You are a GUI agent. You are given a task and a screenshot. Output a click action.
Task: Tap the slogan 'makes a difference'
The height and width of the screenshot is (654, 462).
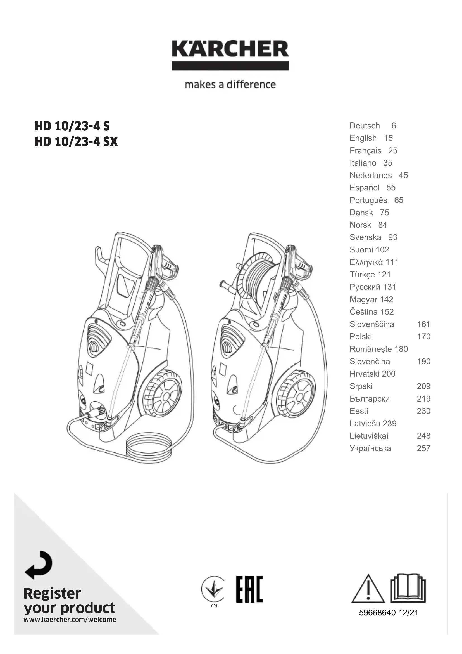pos(230,85)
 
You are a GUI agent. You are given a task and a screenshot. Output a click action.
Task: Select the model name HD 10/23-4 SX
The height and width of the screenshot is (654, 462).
pos(76,141)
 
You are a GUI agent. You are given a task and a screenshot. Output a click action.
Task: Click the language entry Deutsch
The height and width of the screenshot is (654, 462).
pos(365,126)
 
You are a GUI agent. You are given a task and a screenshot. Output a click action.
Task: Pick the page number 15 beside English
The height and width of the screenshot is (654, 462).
pos(388,138)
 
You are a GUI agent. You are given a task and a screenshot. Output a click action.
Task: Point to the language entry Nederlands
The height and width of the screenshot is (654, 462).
pos(371,175)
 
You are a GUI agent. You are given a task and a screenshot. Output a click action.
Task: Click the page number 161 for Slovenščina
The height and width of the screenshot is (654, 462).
pos(424,324)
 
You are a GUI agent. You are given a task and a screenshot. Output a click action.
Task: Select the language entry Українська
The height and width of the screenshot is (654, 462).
pos(370,448)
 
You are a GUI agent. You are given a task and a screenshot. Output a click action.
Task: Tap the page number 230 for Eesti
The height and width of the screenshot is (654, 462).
pos(424,411)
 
